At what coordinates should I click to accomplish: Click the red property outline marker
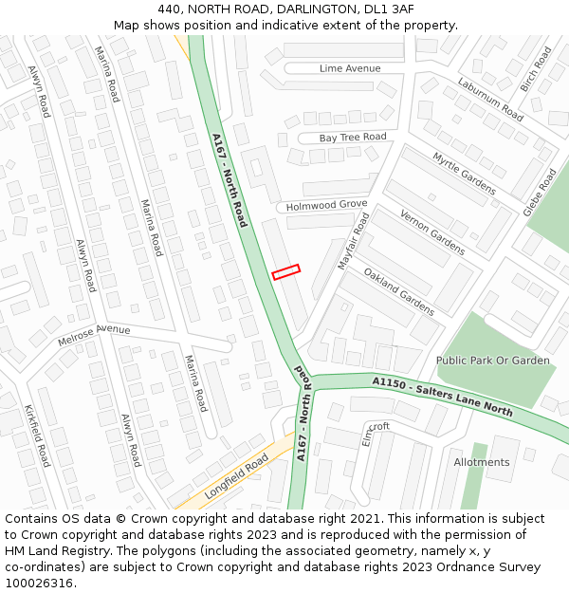click(285, 271)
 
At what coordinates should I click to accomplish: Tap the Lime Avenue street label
click(350, 68)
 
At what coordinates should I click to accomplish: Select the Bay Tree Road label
click(353, 138)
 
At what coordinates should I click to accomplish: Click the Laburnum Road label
click(490, 99)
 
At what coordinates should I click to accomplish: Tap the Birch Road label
click(536, 68)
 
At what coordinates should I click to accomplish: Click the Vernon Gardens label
click(432, 232)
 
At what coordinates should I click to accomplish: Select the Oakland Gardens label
click(399, 290)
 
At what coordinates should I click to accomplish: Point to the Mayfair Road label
click(354, 241)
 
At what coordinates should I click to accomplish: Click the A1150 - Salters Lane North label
click(443, 397)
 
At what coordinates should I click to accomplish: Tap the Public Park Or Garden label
click(492, 361)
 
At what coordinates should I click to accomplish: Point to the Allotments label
click(481, 462)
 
